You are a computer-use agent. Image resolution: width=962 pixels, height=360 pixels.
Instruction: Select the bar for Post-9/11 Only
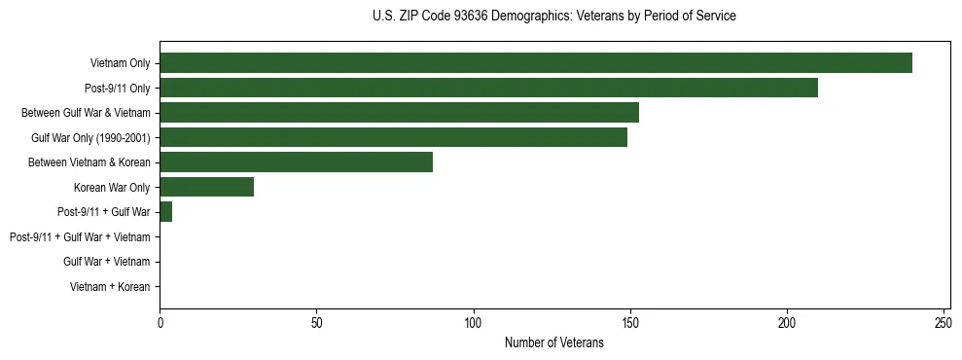[x=488, y=88]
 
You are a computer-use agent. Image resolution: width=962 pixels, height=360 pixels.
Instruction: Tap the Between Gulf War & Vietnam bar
[x=399, y=113]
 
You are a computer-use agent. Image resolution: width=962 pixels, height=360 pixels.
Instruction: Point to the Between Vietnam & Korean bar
[x=296, y=162]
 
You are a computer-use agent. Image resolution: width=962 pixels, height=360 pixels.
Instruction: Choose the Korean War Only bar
[x=206, y=187]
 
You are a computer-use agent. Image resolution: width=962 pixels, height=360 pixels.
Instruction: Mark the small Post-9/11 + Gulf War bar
[x=165, y=212]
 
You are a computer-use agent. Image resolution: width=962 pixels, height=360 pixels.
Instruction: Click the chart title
[x=554, y=17]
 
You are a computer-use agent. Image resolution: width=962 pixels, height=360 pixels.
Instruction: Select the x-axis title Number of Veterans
[x=554, y=342]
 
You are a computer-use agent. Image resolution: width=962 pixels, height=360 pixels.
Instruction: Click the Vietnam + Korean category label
[x=110, y=287]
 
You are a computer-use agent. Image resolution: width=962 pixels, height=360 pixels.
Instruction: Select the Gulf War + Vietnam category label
[x=106, y=262]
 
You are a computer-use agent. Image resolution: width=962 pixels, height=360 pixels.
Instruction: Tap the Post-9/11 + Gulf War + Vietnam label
[x=80, y=237]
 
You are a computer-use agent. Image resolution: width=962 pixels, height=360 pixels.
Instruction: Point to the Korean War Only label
[x=112, y=187]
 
